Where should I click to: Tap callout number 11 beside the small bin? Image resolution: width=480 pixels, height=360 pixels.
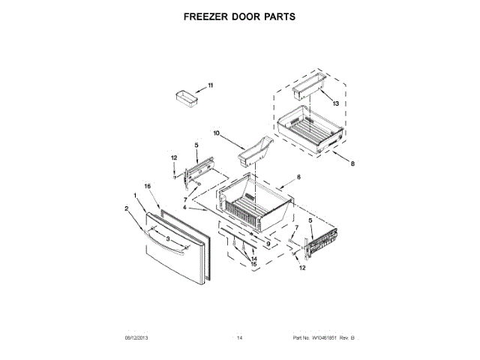tap(210, 85)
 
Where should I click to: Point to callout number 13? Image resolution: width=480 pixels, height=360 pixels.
tap(335, 103)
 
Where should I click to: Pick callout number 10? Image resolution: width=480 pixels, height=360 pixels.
tap(217, 134)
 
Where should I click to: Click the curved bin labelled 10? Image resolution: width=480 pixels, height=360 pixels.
tap(252, 152)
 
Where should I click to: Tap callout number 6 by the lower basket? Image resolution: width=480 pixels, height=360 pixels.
tap(298, 177)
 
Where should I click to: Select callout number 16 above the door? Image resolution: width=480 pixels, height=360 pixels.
tap(148, 184)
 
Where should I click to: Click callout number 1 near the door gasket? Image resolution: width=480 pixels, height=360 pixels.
tap(134, 196)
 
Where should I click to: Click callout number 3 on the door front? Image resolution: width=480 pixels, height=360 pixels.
tap(168, 238)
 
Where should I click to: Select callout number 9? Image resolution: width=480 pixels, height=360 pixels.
tap(267, 244)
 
